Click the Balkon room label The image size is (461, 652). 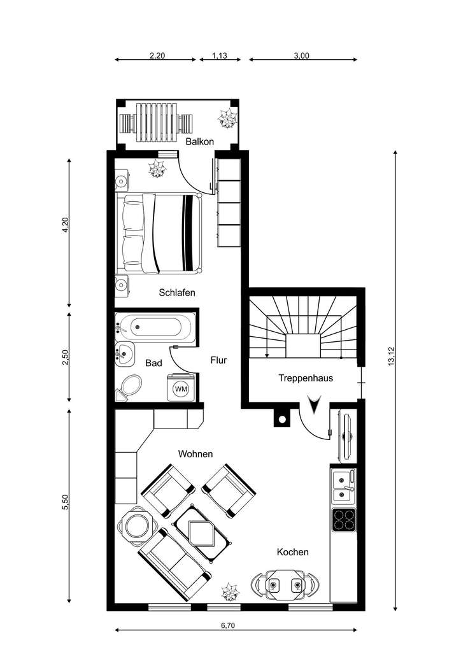pyautogui.click(x=199, y=141)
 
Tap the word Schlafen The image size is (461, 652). pyautogui.click(x=176, y=293)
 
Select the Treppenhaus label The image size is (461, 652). pyautogui.click(x=306, y=378)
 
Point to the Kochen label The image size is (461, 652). pyautogui.click(x=292, y=552)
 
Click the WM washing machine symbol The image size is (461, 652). pyautogui.click(x=181, y=388)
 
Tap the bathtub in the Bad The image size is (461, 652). pyautogui.click(x=157, y=328)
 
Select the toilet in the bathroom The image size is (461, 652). pyautogui.click(x=130, y=386)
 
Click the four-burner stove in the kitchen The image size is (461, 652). pyautogui.click(x=344, y=520)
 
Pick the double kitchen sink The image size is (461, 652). pyautogui.click(x=344, y=485)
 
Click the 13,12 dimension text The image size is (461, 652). pyautogui.click(x=392, y=356)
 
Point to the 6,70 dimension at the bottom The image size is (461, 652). pyautogui.click(x=228, y=626)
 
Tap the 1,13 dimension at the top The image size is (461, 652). pyautogui.click(x=220, y=56)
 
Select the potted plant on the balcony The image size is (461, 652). pyautogui.click(x=226, y=118)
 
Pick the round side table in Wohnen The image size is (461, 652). pyautogui.click(x=136, y=526)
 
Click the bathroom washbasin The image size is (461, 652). pyautogui.click(x=124, y=353)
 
